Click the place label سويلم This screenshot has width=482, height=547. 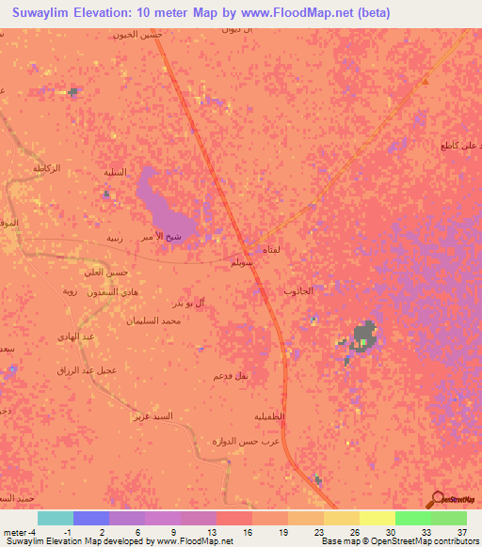point(243,264)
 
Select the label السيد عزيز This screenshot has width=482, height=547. point(153,414)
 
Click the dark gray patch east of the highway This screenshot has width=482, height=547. point(364,336)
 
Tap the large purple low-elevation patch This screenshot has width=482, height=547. point(168,200)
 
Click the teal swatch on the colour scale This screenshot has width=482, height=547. point(56,518)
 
